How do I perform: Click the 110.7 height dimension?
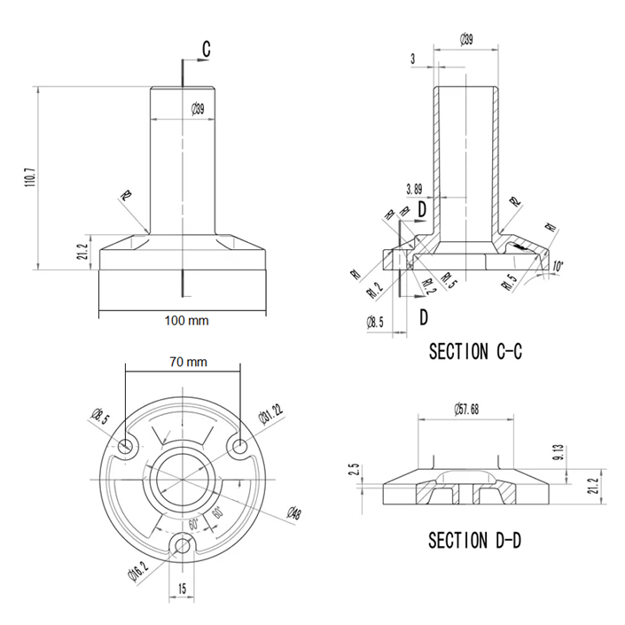point(30,177)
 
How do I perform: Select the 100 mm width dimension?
point(185,320)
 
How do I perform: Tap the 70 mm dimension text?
point(187,362)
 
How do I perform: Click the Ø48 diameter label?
point(293,513)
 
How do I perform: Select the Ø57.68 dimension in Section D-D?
point(465,409)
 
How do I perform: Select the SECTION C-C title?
point(475,351)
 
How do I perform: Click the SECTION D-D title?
point(475,539)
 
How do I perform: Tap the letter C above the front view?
point(206,50)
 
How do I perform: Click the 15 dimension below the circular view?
point(182,590)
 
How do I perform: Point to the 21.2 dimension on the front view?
point(82,252)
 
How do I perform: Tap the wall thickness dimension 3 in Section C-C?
point(414,59)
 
